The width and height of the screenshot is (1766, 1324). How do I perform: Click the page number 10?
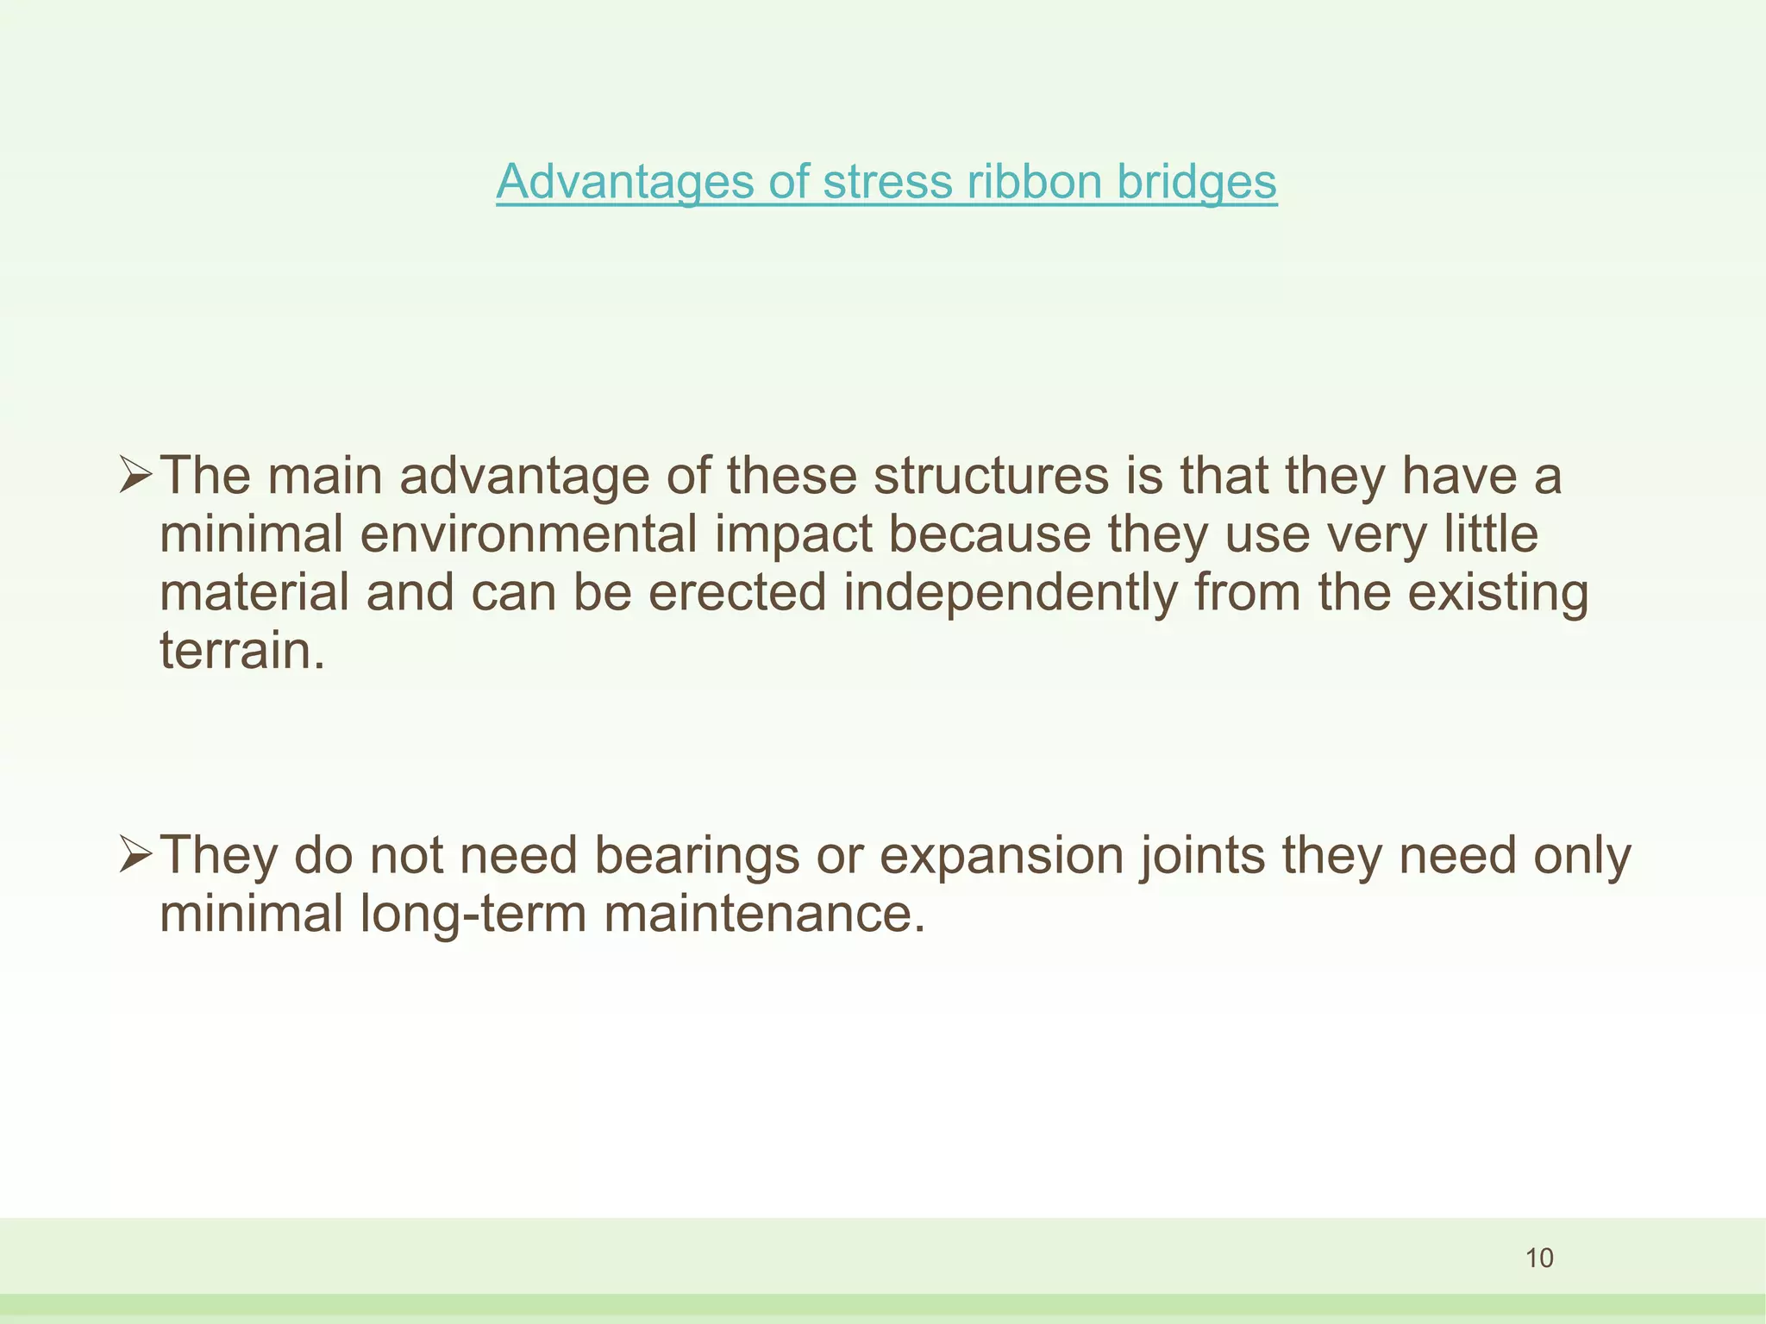pyautogui.click(x=1539, y=1258)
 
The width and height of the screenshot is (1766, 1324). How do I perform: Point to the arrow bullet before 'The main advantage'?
pyautogui.click(x=136, y=476)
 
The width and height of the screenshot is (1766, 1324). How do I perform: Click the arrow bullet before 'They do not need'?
pyautogui.click(x=136, y=856)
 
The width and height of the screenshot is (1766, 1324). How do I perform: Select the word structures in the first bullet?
pyautogui.click(x=991, y=476)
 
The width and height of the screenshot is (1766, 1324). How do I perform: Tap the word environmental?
pyautogui.click(x=528, y=534)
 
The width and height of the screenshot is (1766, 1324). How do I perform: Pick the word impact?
pyautogui.click(x=793, y=534)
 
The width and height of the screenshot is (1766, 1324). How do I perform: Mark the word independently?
pyautogui.click(x=1010, y=593)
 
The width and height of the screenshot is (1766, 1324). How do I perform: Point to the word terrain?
pyautogui.click(x=242, y=652)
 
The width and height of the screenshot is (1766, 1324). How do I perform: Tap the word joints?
pyautogui.click(x=1203, y=856)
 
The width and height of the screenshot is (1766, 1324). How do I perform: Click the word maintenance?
pyautogui.click(x=764, y=915)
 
